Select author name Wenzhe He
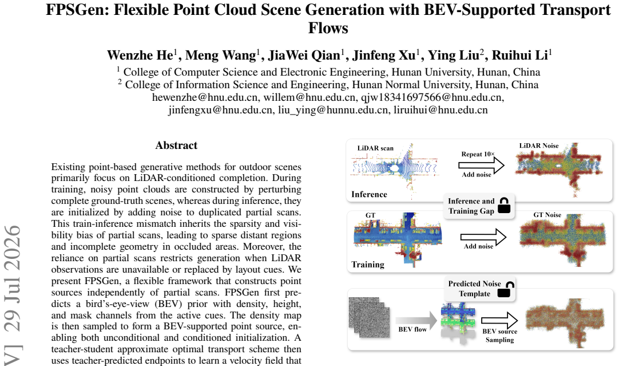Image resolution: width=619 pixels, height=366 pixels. [140, 56]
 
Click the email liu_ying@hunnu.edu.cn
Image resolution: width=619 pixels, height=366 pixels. [333, 110]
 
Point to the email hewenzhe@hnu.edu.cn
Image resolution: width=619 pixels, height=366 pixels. [205, 97]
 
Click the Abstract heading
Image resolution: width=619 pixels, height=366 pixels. [176, 145]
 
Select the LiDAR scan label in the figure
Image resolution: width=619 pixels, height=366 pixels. [375, 148]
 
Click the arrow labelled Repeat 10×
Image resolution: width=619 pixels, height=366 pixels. [481, 165]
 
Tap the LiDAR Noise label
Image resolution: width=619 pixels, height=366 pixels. [539, 146]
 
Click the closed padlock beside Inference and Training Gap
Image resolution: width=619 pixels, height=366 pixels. [504, 206]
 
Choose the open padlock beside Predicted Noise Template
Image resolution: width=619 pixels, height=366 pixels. [504, 289]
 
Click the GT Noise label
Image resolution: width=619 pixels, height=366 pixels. [547, 215]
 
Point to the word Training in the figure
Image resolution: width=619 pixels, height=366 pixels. [367, 265]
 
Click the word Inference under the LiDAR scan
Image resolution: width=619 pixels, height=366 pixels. [369, 195]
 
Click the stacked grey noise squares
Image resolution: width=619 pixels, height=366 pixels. [370, 317]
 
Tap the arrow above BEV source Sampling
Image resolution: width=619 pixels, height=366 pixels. [499, 320]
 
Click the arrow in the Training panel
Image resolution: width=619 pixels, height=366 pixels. [483, 237]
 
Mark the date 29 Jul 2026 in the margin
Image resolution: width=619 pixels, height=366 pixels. [12, 278]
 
